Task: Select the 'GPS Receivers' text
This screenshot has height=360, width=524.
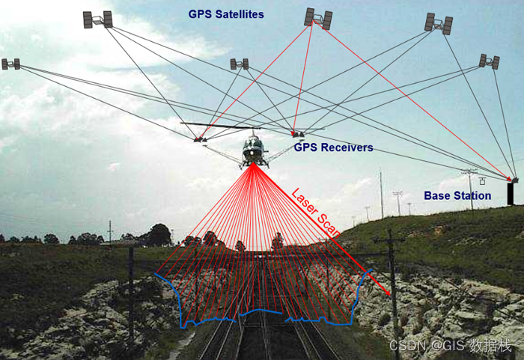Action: pos(333,147)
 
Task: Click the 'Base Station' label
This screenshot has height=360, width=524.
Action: pos(457,195)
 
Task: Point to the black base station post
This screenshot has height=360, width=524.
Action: pos(511,193)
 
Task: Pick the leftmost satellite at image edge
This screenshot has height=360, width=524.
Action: pos(10,64)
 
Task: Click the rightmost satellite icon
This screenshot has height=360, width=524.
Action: pos(490,61)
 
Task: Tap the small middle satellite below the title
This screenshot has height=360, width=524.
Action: pos(239,64)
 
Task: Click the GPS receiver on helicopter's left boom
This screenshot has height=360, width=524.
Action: pos(200,138)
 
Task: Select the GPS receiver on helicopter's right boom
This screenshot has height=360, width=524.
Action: pos(297,135)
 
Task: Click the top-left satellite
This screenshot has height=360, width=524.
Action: pos(97,19)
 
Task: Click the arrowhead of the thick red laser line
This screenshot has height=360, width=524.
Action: pos(389,293)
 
